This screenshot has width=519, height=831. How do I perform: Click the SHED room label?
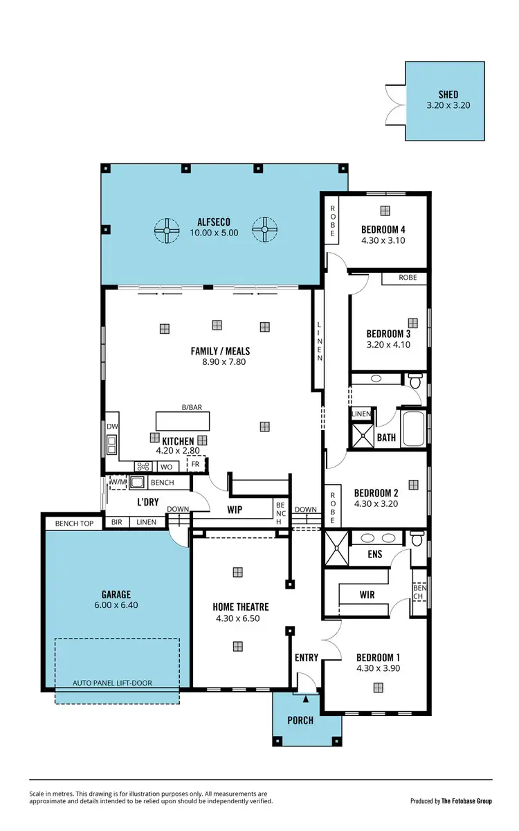[x=448, y=95]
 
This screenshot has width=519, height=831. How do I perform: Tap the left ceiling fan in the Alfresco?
[x=166, y=231]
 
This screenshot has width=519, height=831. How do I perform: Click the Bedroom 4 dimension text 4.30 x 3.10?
[x=383, y=241]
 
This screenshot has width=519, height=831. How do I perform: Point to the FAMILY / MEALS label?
[x=220, y=351]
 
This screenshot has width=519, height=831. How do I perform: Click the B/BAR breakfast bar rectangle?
[x=183, y=420]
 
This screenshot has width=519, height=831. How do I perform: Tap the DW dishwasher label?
[x=111, y=427]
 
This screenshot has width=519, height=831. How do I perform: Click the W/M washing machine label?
[x=118, y=482]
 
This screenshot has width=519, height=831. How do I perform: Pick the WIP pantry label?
[x=234, y=509]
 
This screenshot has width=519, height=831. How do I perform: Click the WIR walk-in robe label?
[x=366, y=595]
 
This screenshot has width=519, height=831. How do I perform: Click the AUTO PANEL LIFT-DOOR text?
[x=112, y=683]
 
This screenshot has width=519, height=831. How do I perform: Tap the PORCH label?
[x=300, y=720]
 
